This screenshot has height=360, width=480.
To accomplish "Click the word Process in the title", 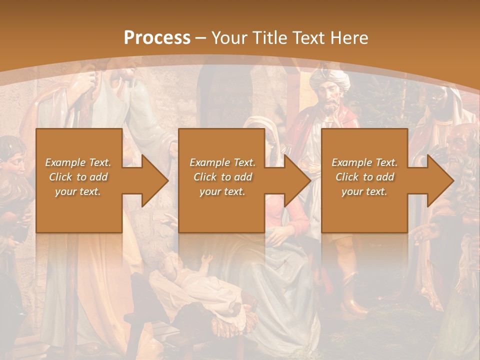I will [x=157, y=38].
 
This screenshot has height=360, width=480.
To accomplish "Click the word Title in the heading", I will [x=270, y=38].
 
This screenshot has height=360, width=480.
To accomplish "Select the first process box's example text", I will [x=78, y=177].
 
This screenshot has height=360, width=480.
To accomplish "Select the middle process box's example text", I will [x=222, y=177].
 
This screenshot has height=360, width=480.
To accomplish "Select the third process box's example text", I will [x=364, y=177].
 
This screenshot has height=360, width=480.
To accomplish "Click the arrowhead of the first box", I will [x=155, y=180].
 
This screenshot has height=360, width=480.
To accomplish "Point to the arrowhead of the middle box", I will [x=298, y=180].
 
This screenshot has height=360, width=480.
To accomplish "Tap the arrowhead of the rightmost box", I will [x=441, y=180].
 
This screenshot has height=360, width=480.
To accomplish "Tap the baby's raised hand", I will [x=206, y=259].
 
